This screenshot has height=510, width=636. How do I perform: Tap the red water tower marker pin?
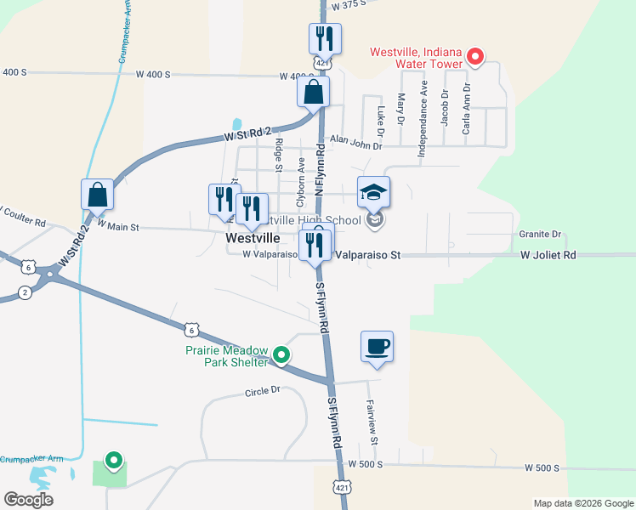pos(476,58)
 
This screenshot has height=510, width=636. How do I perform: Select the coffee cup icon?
pos(377,347)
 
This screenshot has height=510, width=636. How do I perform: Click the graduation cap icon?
pos(373,192)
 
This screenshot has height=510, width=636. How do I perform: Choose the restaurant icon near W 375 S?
pos(325,38)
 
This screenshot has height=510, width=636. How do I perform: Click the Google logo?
pos(29,500)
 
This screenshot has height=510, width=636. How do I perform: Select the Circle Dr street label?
pos(262,392)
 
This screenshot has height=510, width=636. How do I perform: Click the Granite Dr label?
pos(540,234)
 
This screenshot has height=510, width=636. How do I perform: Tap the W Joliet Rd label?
pos(548,255)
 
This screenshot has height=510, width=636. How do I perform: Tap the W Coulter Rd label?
pos(22,215)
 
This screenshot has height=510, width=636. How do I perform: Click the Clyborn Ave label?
pos(300,182)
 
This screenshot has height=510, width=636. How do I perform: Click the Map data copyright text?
pos(582,503)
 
